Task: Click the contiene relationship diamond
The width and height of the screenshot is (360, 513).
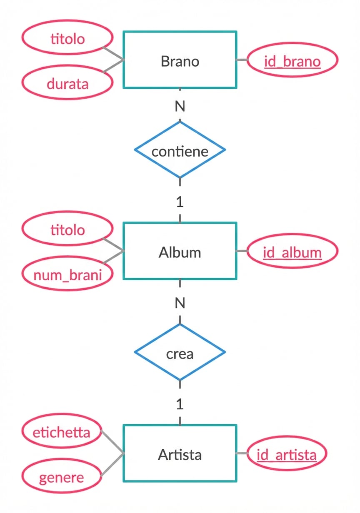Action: point(180,150)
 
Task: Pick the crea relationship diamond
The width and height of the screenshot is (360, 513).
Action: point(180,353)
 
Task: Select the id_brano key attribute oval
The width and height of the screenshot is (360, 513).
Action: point(292,61)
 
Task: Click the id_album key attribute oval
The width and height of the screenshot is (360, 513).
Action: point(292,252)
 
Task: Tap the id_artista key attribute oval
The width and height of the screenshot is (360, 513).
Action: point(287,454)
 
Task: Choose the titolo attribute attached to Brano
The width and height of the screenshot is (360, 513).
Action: point(67,39)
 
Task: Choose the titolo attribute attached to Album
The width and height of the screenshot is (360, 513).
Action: point(67,229)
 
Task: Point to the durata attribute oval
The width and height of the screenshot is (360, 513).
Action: point(67,84)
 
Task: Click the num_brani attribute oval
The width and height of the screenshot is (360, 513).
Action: point(67,275)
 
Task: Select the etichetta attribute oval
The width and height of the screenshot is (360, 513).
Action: point(61,432)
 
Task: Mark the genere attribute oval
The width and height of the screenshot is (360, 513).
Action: point(61,477)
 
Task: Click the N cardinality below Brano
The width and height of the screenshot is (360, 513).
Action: point(180,107)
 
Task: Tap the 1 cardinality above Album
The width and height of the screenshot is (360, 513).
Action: point(180,202)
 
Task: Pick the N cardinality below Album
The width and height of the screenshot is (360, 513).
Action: point(180,303)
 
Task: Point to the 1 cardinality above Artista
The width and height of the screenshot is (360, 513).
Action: point(180,404)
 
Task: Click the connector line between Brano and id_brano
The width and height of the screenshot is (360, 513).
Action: point(242,60)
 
